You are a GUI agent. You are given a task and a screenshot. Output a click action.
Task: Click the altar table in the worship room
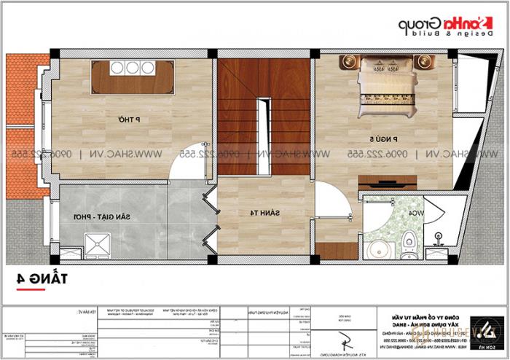click(x=133, y=77)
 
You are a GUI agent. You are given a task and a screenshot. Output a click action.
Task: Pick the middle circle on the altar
click(x=133, y=68)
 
